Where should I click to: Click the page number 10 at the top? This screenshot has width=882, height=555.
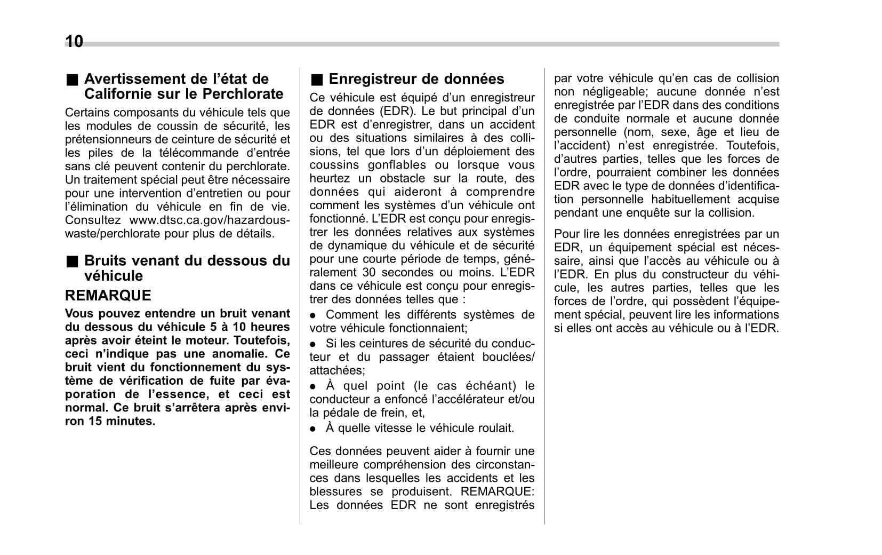point(74,41)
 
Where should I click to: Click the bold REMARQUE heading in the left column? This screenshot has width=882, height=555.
point(108,295)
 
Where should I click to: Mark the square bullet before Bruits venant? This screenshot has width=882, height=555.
point(72,261)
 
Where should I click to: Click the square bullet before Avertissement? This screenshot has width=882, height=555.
point(72,80)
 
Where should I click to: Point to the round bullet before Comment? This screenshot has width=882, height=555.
point(314,315)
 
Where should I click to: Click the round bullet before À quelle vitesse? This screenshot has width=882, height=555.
point(314,429)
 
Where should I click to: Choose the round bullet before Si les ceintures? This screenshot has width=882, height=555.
point(314,344)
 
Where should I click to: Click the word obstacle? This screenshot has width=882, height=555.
point(404,178)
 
